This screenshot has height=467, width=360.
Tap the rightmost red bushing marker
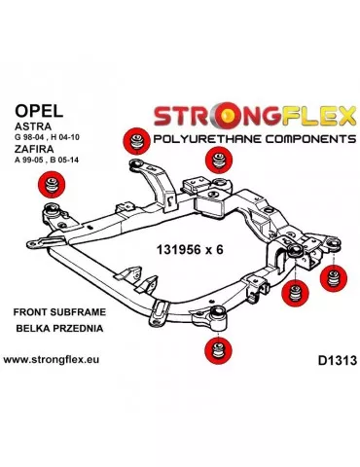[331, 274]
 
